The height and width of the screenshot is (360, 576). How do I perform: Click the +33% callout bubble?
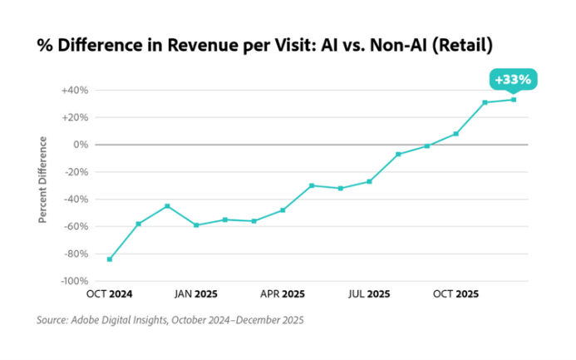pyautogui.click(x=513, y=80)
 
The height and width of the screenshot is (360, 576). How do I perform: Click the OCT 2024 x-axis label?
pyautogui.click(x=109, y=293)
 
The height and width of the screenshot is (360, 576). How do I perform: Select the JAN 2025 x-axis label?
pyautogui.click(x=195, y=293)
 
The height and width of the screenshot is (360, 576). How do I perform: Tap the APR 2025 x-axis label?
pyautogui.click(x=283, y=293)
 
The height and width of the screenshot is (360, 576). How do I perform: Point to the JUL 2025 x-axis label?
pyautogui.click(x=369, y=293)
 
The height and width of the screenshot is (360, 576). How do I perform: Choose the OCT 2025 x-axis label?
pyautogui.click(x=455, y=293)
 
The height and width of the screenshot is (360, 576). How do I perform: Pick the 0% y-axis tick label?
pyautogui.click(x=81, y=145)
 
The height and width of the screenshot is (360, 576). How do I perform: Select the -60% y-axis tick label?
pyautogui.click(x=76, y=226)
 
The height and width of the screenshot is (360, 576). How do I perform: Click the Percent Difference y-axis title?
pyautogui.click(x=43, y=180)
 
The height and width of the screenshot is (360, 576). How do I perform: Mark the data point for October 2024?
pyautogui.click(x=110, y=259)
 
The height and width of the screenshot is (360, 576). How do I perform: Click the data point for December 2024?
pyautogui.click(x=167, y=205)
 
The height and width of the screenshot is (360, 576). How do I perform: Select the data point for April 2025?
pyautogui.click(x=283, y=210)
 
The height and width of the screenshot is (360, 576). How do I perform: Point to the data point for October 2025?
pyautogui.click(x=455, y=133)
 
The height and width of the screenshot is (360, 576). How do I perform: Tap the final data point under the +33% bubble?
pyautogui.click(x=514, y=100)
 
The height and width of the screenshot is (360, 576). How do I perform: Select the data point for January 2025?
pyautogui.click(x=196, y=224)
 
